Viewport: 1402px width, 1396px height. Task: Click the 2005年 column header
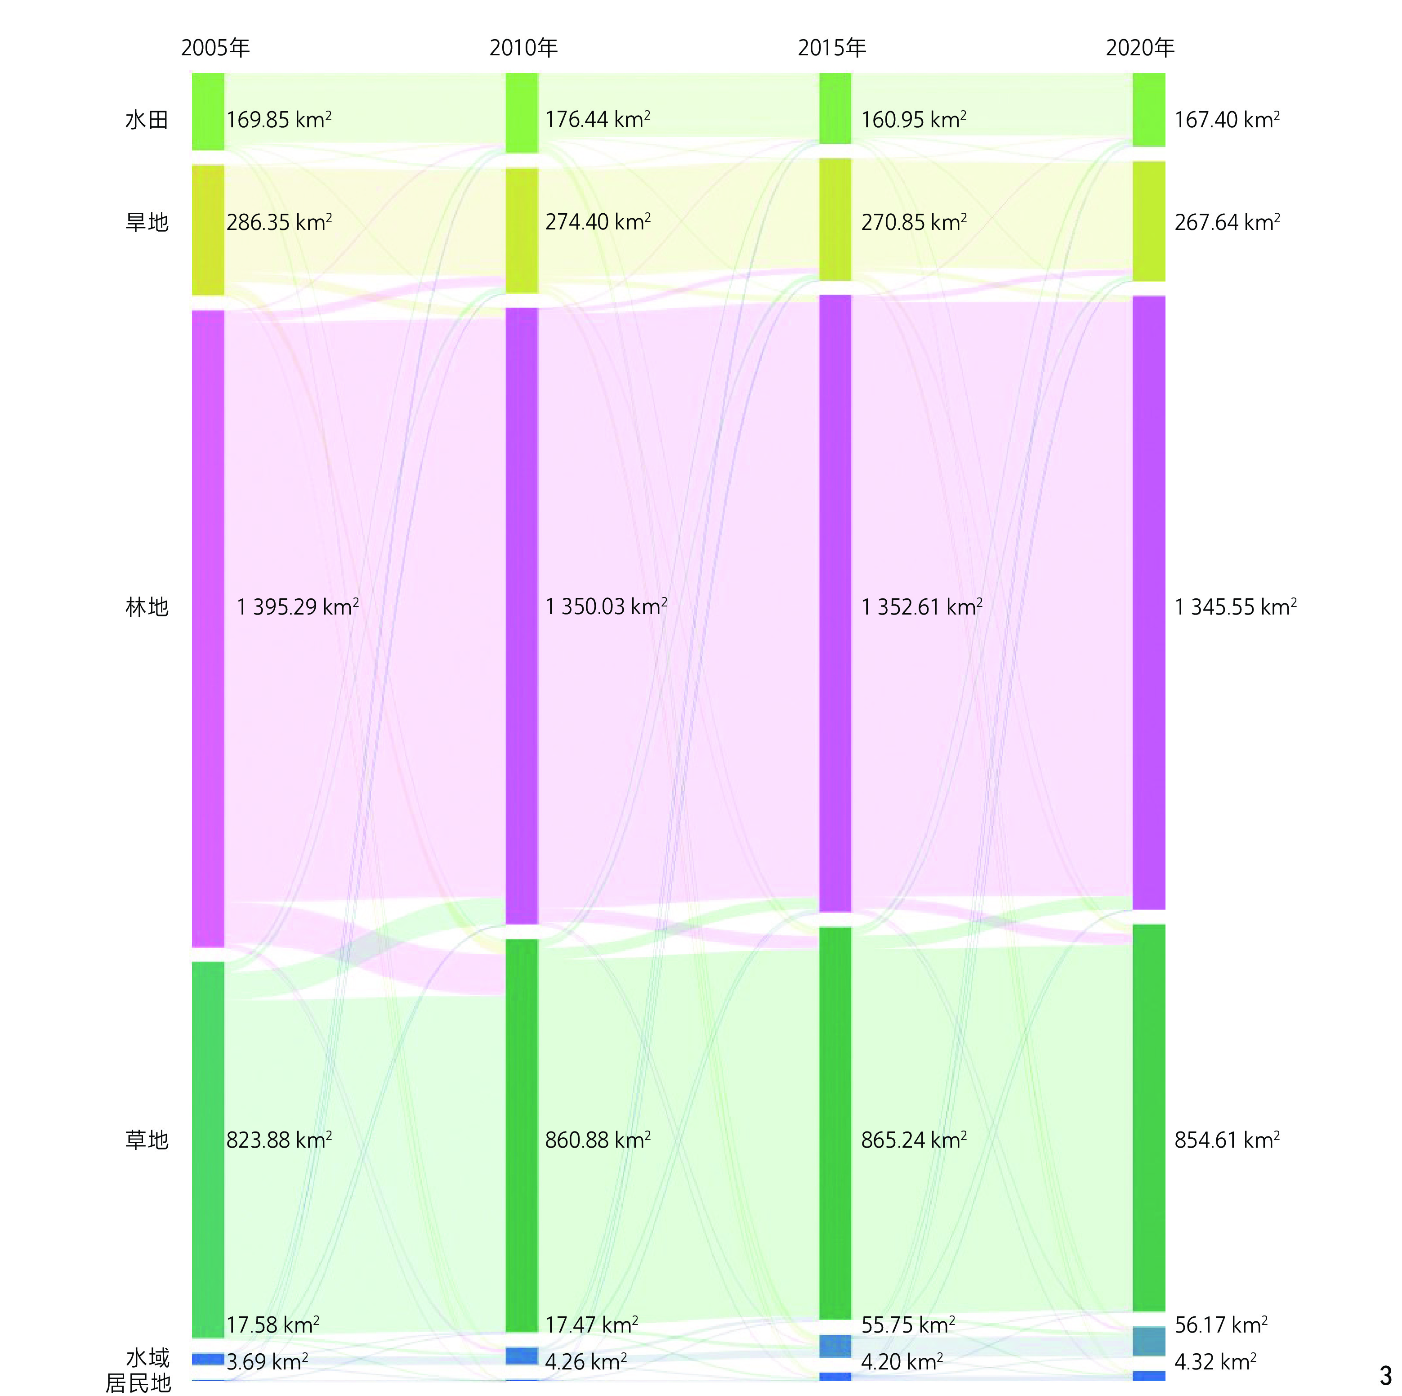tap(215, 48)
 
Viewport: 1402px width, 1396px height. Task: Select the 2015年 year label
tap(831, 48)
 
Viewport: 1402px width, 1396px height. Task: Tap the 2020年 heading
tap(1139, 48)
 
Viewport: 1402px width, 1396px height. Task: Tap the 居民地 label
tap(138, 1383)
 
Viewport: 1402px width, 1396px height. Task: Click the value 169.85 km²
tap(279, 120)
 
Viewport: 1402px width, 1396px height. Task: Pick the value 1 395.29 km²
tap(298, 607)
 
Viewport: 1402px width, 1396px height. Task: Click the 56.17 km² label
tap(1221, 1324)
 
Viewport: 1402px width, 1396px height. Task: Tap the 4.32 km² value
tap(1215, 1361)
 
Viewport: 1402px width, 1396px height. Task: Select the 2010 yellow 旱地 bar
tap(522, 230)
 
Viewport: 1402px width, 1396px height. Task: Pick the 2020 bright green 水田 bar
tap(1149, 110)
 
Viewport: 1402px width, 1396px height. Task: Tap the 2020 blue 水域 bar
tap(1149, 1341)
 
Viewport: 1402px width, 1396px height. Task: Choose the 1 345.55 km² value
tap(1235, 607)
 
